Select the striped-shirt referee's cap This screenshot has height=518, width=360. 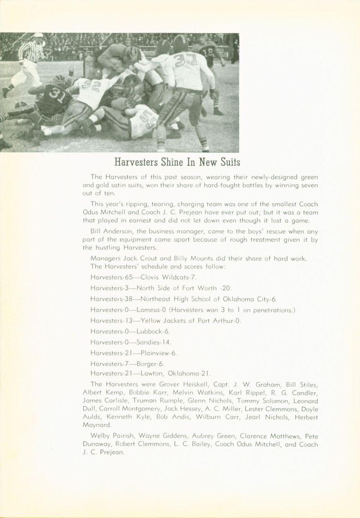tap(39, 36)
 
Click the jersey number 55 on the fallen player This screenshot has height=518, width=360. tap(147, 118)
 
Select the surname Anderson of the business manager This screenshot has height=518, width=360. tap(117, 231)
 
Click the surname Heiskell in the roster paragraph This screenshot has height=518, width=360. tap(189, 384)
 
